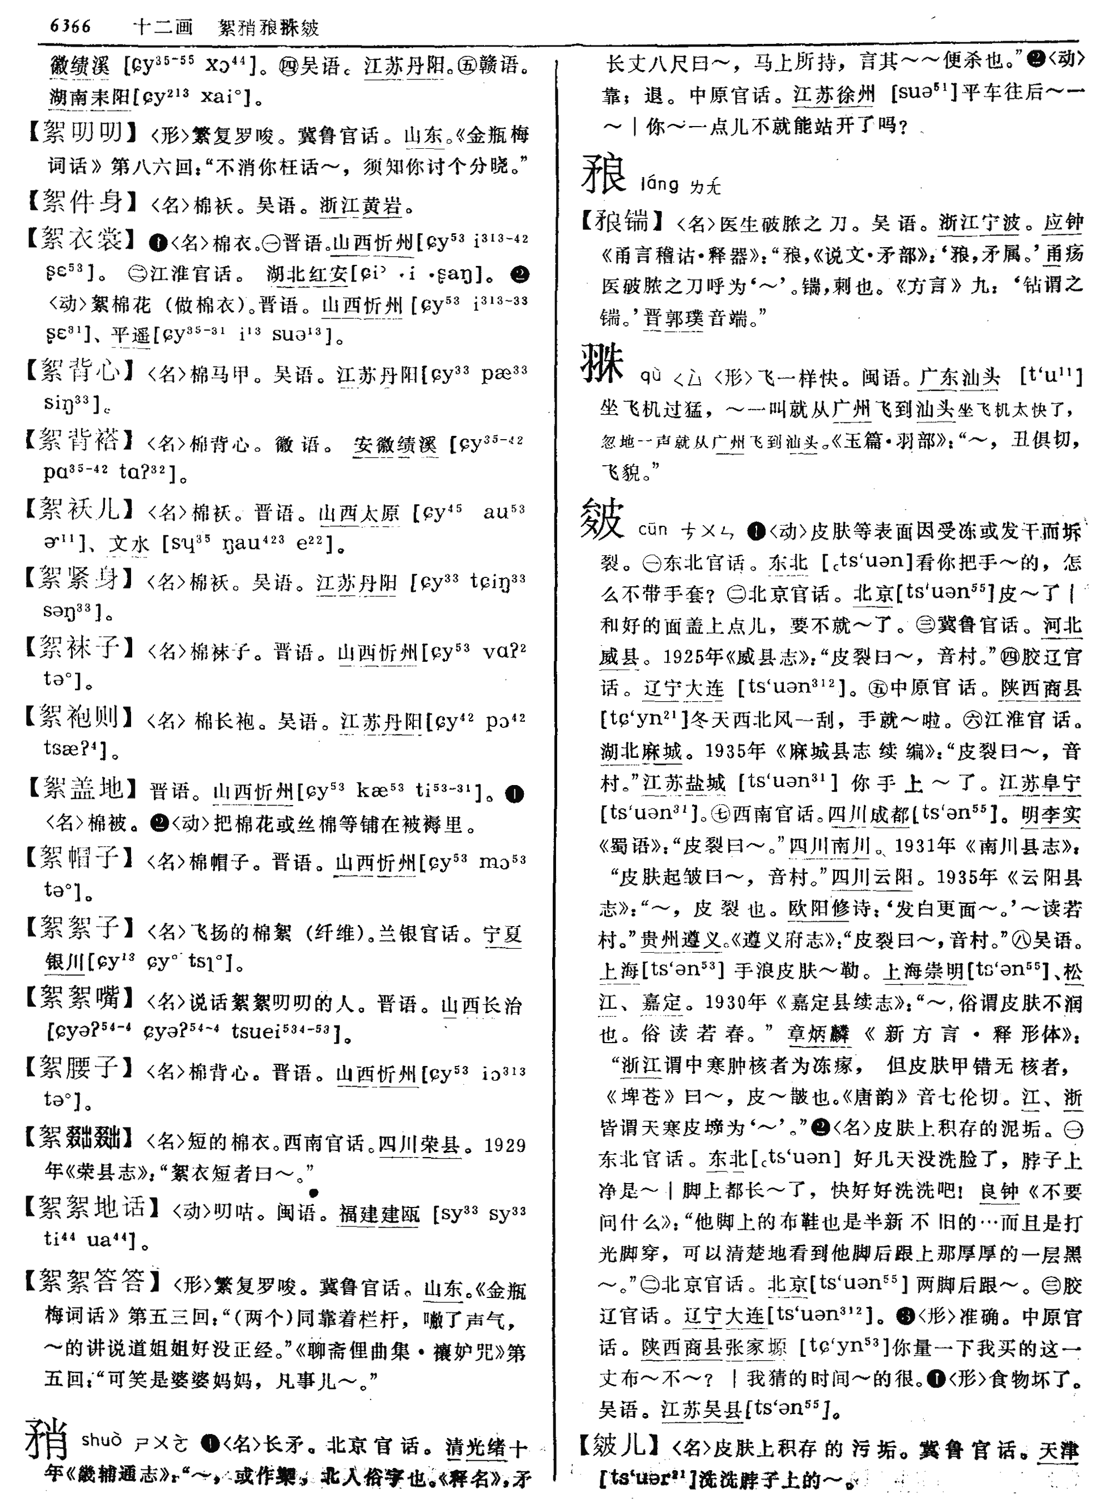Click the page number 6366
70,26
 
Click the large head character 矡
604,174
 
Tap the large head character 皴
603,519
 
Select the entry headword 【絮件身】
84,201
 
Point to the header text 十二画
163,27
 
